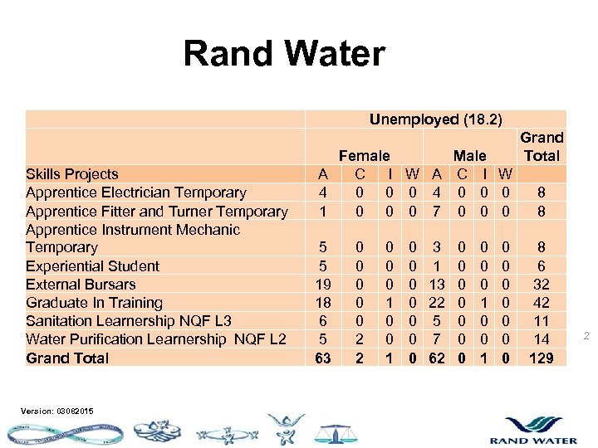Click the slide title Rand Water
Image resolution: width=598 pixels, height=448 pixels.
point(284,54)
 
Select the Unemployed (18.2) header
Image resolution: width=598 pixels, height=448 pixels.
point(436,119)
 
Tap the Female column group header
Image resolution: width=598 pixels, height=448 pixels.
point(364,156)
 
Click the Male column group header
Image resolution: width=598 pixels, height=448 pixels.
point(469,156)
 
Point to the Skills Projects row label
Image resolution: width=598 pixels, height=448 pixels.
point(72,174)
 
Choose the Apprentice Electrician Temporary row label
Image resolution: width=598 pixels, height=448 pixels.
point(136,192)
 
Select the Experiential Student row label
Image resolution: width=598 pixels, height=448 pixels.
point(92,266)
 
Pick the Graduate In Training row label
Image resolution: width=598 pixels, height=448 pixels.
point(94,303)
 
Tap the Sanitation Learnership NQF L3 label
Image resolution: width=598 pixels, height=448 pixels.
point(129,321)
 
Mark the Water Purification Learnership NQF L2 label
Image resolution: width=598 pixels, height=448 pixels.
point(155,339)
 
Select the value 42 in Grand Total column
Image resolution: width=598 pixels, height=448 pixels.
point(542,303)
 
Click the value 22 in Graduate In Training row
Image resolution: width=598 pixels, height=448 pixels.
point(436,303)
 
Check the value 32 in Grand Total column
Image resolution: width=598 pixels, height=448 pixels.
point(542,285)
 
